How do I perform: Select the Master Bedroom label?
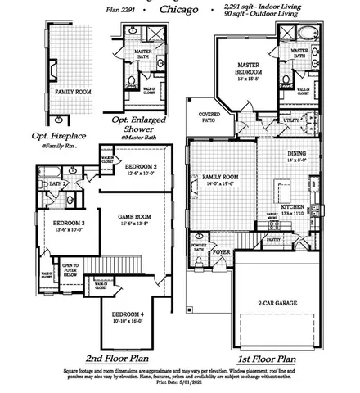(x=248, y=69)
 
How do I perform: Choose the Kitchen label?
(x=291, y=208)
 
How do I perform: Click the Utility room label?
(x=291, y=120)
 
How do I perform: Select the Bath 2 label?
(x=56, y=184)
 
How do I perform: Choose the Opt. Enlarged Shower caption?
(x=145, y=123)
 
